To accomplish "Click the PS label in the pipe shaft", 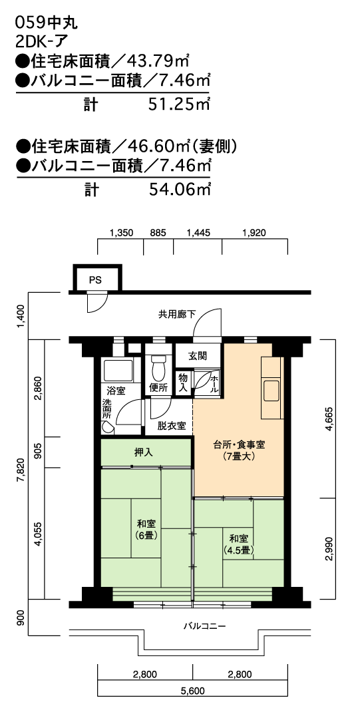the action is click(95, 280).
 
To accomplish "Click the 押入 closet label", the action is click(144, 452).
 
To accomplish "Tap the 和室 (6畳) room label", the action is click(146, 530).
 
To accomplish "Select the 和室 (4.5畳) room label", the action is click(238, 544).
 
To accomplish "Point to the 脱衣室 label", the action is click(172, 426).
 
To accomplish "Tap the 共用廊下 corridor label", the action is click(171, 313).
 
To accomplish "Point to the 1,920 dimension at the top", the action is click(254, 234).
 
